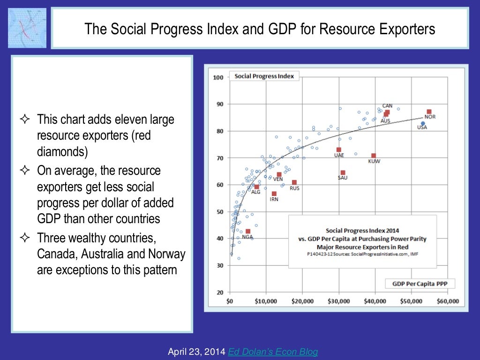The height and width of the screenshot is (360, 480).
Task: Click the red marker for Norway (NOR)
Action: click(429, 112)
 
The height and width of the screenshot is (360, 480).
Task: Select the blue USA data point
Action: click(423, 124)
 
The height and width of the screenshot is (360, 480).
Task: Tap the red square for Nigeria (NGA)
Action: click(248, 231)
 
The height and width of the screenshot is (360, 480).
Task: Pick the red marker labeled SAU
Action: click(343, 172)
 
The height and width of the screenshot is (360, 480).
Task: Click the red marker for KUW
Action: click(374, 156)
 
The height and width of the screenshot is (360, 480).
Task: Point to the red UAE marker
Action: click(339, 150)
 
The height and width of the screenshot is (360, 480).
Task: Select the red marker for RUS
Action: click(294, 182)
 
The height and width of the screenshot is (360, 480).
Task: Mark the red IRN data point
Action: click(274, 194)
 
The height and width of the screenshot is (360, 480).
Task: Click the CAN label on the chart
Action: click(387, 106)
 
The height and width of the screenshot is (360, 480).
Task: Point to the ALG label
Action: click(256, 192)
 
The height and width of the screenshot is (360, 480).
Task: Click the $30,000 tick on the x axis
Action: click(339, 301)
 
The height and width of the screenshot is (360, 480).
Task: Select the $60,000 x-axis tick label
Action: click(448, 301)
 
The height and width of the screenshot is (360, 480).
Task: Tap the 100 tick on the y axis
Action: click(218, 77)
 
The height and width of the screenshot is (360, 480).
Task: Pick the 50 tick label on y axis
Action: click(219, 212)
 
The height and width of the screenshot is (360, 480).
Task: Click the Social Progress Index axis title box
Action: click(264, 76)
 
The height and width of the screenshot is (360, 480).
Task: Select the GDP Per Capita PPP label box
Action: click(420, 284)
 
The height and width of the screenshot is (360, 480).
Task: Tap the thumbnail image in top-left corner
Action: click(27, 28)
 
